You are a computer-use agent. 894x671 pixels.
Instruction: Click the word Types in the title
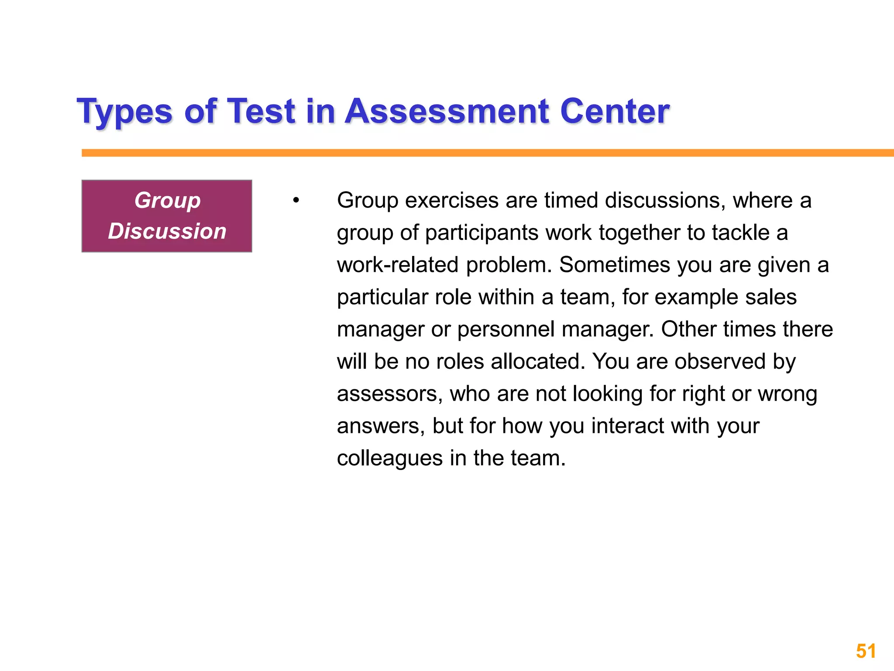coord(125,112)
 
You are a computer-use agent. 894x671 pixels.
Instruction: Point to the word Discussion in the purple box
coord(167,231)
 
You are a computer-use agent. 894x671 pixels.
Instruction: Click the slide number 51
coord(866,651)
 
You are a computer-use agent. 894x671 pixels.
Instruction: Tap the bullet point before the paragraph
coord(296,201)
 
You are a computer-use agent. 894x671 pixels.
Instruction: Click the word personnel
coord(506,329)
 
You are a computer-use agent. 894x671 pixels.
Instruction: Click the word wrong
coord(787,394)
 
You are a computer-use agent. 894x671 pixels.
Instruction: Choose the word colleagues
coord(390,459)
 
